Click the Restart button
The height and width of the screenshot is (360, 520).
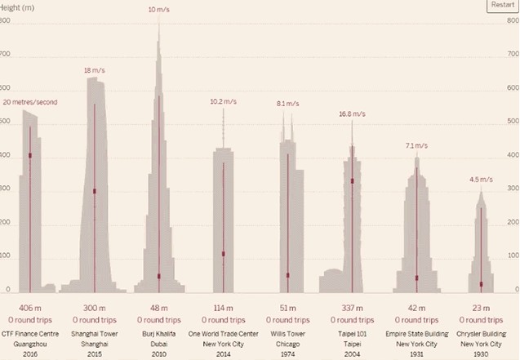click(x=503, y=5)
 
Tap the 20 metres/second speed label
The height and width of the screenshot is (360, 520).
click(x=30, y=102)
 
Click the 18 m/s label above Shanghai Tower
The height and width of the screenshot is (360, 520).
click(x=95, y=71)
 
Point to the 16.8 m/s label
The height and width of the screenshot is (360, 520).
click(x=352, y=113)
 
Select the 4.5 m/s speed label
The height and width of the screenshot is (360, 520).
click(x=481, y=180)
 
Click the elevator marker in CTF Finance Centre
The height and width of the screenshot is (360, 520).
click(x=30, y=155)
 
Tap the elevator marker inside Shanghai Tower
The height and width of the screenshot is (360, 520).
click(x=95, y=191)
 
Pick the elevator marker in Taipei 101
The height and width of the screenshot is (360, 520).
click(x=352, y=180)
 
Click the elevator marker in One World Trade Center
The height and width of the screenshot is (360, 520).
click(x=223, y=254)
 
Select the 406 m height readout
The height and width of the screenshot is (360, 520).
click(x=30, y=308)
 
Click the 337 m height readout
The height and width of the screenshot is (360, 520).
click(x=352, y=308)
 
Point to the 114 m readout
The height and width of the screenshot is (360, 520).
click(x=223, y=308)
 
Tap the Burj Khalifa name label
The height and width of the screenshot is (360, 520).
click(x=159, y=333)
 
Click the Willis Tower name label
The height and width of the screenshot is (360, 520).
click(x=287, y=333)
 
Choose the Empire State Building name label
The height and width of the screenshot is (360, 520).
click(x=416, y=333)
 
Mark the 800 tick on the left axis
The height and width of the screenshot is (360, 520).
click(x=6, y=20)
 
